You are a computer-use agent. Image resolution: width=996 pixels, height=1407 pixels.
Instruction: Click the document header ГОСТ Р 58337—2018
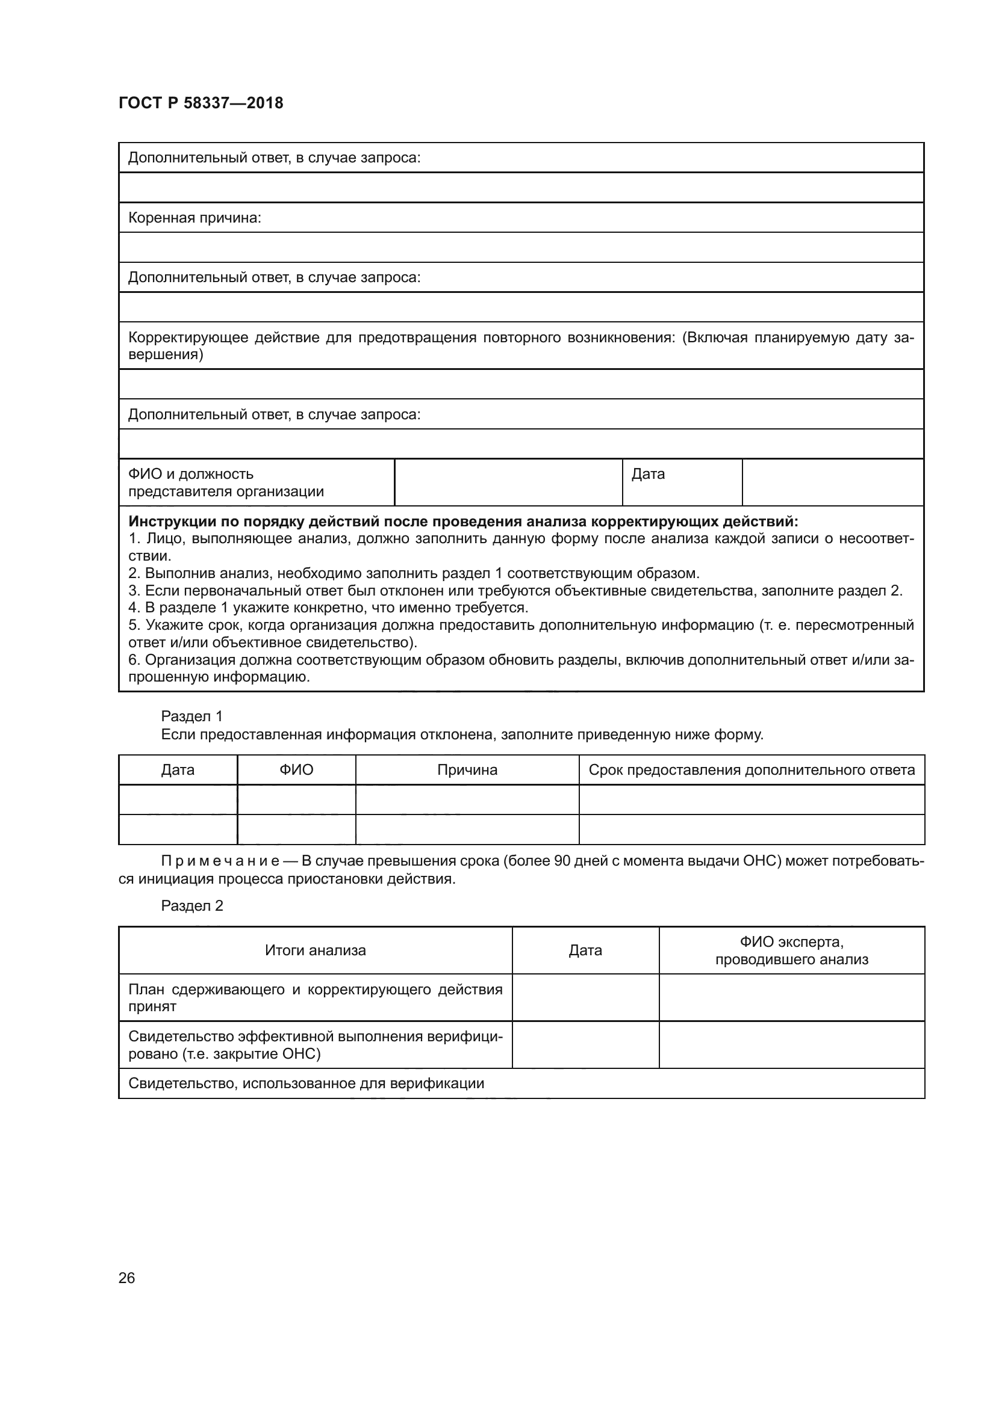(x=201, y=103)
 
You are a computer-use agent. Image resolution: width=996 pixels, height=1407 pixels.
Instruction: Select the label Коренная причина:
(x=195, y=218)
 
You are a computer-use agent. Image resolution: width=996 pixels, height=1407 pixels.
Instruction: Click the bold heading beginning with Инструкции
(x=463, y=522)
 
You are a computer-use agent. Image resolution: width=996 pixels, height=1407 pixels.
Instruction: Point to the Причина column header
(x=467, y=770)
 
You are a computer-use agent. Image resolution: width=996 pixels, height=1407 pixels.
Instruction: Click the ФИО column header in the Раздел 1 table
(x=296, y=770)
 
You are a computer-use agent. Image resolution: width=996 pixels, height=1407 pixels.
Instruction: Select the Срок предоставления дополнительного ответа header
(x=752, y=770)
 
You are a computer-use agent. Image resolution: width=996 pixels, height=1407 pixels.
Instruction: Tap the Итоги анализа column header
(x=315, y=950)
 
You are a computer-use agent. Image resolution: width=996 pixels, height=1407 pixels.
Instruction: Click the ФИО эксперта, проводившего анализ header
(x=791, y=950)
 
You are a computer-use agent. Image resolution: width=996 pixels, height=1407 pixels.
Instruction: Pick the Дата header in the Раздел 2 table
(x=585, y=950)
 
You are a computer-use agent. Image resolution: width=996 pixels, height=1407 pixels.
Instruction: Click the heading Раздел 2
(x=192, y=906)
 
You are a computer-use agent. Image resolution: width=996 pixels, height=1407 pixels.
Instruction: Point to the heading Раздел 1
(x=192, y=716)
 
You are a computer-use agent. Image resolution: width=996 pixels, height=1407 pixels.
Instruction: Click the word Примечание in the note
(x=220, y=861)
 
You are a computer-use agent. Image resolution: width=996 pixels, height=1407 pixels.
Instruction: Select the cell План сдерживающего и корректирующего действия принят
(x=315, y=997)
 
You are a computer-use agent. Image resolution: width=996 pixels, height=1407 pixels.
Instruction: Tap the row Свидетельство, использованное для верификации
(x=306, y=1083)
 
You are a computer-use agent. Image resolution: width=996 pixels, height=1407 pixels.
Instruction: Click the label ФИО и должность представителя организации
(x=226, y=482)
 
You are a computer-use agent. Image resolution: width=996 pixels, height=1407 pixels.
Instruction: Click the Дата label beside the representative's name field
(x=648, y=473)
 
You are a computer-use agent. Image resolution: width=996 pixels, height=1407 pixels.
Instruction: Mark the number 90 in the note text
(x=562, y=861)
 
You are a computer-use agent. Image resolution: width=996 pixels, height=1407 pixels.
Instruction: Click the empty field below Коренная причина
(x=521, y=248)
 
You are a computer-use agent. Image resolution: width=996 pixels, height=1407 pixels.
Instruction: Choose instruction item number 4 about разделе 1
(x=328, y=608)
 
